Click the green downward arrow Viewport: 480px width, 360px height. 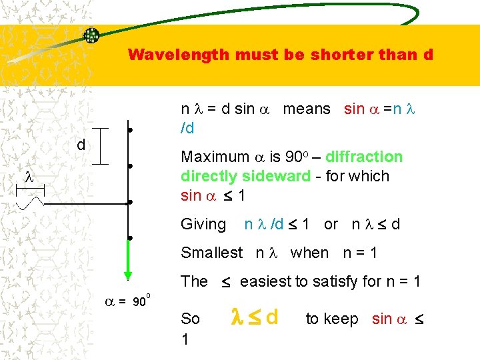tap(127, 258)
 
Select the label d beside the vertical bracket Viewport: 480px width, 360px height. tap(80, 145)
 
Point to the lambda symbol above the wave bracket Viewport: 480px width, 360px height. tap(29, 177)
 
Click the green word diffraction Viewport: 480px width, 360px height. tap(364, 157)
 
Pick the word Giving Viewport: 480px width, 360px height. tap(203, 225)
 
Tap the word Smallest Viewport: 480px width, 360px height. tap(212, 253)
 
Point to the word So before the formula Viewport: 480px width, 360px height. tap(190, 319)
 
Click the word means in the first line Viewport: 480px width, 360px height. tap(307, 109)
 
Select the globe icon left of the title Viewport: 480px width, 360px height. tap(91, 36)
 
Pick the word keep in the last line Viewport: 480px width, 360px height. tap(341, 319)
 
